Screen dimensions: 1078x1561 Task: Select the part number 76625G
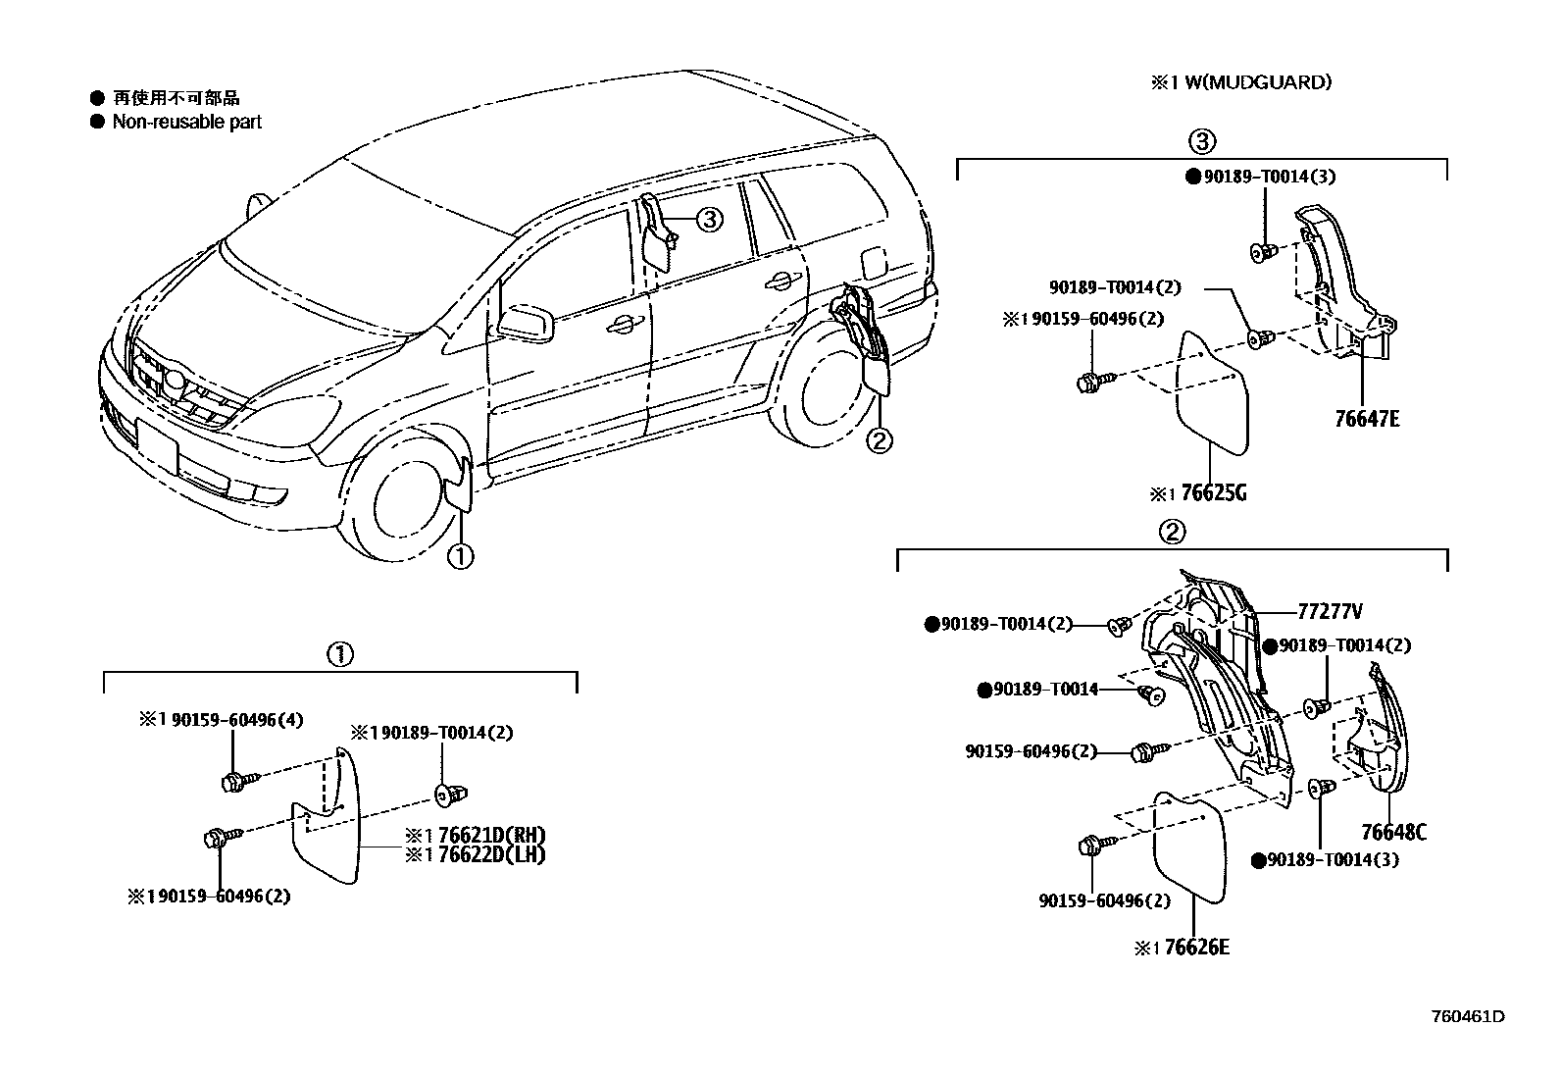click(x=1213, y=492)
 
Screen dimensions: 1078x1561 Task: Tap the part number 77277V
click(x=1329, y=612)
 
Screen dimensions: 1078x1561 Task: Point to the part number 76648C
click(x=1392, y=833)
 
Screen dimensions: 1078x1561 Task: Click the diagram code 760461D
click(x=1467, y=1016)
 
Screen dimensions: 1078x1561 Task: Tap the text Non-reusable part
click(x=186, y=122)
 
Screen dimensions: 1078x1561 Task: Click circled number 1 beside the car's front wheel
click(x=459, y=556)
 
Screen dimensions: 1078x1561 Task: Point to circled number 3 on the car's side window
click(x=709, y=220)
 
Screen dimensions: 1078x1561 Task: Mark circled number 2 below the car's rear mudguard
click(x=879, y=441)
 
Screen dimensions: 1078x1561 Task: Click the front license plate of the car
click(x=157, y=444)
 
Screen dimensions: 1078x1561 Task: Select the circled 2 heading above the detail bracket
click(x=1172, y=532)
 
